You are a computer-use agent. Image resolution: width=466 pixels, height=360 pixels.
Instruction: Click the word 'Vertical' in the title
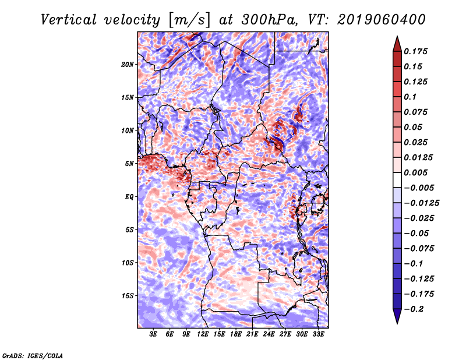click(68, 20)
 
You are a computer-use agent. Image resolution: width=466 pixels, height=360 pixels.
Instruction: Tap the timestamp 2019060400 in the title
click(381, 20)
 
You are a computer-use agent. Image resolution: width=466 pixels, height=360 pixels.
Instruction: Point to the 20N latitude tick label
click(128, 65)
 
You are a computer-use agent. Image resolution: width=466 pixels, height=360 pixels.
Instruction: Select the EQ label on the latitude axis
click(129, 197)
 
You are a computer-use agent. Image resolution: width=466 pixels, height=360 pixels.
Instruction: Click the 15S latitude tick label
click(128, 296)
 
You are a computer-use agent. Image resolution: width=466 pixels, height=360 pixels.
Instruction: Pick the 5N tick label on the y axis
click(129, 164)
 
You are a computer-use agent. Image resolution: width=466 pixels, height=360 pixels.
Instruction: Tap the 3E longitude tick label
click(153, 334)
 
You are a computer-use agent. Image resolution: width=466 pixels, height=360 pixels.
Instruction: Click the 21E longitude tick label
click(252, 334)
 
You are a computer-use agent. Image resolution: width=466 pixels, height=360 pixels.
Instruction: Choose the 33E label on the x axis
click(318, 334)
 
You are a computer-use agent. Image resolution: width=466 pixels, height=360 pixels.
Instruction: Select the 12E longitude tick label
click(202, 334)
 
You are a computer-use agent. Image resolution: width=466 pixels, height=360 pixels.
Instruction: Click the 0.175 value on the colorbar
click(415, 51)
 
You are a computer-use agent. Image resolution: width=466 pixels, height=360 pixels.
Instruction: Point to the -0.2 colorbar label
click(414, 309)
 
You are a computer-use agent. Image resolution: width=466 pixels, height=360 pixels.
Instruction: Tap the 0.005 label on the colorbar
click(415, 172)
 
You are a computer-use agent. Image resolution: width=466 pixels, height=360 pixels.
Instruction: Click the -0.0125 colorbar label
click(421, 203)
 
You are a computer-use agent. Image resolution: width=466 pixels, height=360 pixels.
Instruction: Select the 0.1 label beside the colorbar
click(410, 97)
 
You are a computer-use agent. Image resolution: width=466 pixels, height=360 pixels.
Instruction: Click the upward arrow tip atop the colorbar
click(397, 36)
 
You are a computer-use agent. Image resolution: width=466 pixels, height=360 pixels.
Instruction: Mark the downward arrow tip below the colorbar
click(397, 323)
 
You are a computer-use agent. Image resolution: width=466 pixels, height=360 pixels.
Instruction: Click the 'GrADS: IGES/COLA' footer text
click(33, 355)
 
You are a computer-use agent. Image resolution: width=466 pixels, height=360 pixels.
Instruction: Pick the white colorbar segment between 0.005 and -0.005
click(397, 180)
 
